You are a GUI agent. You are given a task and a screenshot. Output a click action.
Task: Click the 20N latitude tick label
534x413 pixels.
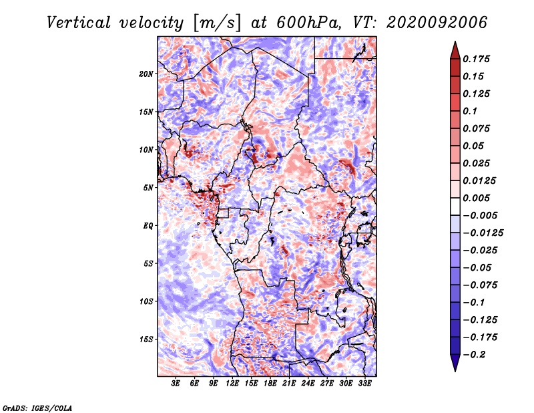[x=146, y=74]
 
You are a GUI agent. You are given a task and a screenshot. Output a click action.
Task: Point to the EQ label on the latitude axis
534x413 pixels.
[x=148, y=226]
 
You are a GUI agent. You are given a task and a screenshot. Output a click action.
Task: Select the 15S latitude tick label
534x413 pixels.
[x=146, y=339]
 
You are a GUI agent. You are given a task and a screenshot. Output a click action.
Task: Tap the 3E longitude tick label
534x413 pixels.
[x=176, y=383]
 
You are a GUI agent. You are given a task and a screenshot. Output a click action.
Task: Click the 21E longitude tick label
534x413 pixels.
[x=289, y=383]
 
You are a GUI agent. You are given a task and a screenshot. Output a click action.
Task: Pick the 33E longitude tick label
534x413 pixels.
[x=364, y=383]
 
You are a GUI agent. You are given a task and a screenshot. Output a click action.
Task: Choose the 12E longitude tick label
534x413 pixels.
[x=232, y=383]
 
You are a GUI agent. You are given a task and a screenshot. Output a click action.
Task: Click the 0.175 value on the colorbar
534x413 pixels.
[x=476, y=59]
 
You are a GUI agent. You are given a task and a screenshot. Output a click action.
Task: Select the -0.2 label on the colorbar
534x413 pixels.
[x=474, y=355]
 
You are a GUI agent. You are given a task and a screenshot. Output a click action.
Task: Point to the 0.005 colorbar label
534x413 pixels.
[x=476, y=198]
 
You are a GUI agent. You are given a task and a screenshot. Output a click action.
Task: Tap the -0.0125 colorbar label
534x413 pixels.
[x=483, y=233]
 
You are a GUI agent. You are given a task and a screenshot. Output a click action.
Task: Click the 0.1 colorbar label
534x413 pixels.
[x=470, y=111]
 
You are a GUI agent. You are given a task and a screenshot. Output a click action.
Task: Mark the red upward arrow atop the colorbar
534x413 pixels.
[x=455, y=51]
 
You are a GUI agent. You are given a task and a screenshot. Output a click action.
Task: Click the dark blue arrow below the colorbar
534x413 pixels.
[x=455, y=363]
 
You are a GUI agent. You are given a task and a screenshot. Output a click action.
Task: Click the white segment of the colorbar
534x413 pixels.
[x=455, y=206]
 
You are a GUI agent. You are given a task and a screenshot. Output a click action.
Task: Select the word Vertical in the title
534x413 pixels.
[x=79, y=23]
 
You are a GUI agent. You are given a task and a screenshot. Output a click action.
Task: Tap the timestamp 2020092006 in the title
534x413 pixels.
[x=437, y=23]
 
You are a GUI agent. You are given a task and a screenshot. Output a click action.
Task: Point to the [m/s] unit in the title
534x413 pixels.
[x=217, y=23]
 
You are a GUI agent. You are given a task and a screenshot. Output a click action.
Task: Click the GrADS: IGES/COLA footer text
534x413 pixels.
[x=37, y=408]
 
